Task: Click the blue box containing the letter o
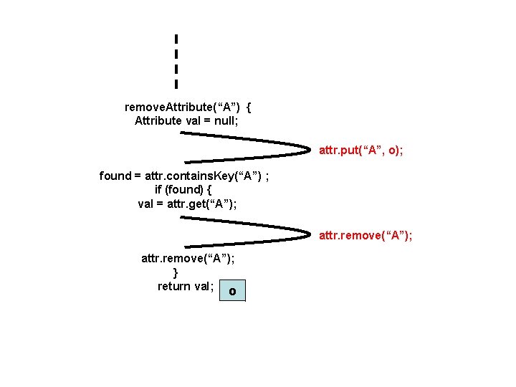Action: (x=232, y=291)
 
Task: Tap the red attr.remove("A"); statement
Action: (x=366, y=235)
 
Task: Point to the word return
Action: (x=174, y=286)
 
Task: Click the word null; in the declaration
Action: (x=225, y=120)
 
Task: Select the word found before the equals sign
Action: (x=115, y=176)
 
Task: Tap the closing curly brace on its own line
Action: (x=176, y=272)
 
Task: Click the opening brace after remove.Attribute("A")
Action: (x=248, y=107)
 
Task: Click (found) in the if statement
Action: (x=184, y=189)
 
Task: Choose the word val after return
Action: (x=204, y=286)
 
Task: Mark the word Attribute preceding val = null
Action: (x=158, y=120)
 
